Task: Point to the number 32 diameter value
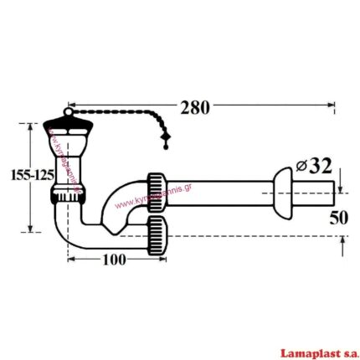(x=322, y=165)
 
